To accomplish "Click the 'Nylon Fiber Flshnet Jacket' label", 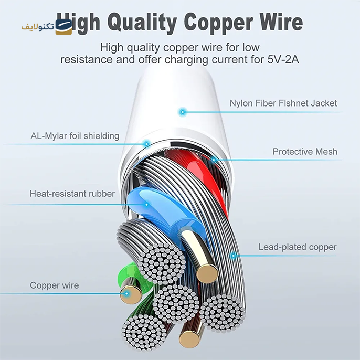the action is [x=283, y=103].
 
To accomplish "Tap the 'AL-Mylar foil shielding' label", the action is [x=75, y=136].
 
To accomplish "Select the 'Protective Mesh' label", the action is [x=305, y=152].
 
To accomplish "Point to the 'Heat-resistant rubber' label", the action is [x=72, y=194].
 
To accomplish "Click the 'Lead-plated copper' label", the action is [x=298, y=247].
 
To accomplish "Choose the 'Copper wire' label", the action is [x=55, y=285].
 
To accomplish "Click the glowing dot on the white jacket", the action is [x=183, y=112].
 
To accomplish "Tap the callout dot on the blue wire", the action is [x=146, y=204].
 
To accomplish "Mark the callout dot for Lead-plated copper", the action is [x=234, y=255].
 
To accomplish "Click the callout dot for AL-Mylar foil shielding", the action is [x=146, y=144].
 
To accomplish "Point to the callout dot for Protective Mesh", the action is [x=214, y=160].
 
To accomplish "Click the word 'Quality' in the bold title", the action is [x=142, y=23].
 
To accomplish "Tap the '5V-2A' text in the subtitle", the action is [x=283, y=60].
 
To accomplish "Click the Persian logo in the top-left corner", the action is [x=47, y=27].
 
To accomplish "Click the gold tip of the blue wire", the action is [x=207, y=274].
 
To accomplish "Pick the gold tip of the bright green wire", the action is [x=131, y=293].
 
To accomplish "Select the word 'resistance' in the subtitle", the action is [x=86, y=60].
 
